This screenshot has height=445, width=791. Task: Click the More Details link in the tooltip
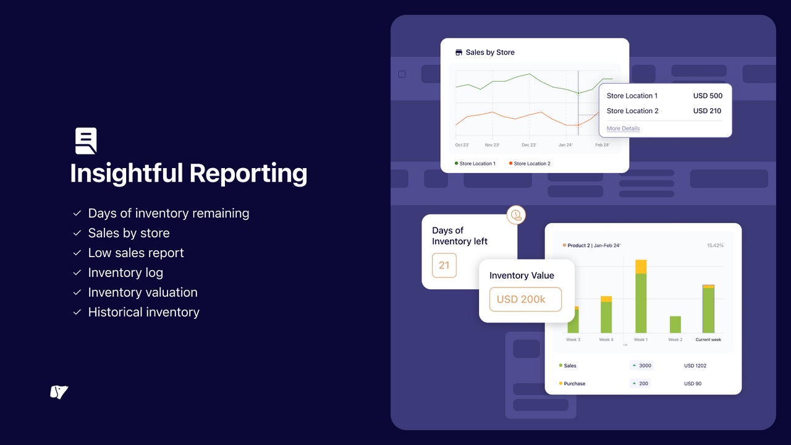[623, 129]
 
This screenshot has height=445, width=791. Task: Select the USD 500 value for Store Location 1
[708, 96]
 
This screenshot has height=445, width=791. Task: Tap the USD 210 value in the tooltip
[708, 111]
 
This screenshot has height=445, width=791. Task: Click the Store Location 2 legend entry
[530, 164]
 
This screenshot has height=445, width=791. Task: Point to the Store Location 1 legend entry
[475, 164]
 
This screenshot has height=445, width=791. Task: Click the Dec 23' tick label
[529, 145]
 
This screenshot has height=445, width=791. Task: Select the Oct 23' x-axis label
[462, 145]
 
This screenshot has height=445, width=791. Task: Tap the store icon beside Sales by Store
[459, 53]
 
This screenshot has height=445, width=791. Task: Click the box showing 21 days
[444, 265]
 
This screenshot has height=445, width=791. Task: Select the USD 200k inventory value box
[525, 299]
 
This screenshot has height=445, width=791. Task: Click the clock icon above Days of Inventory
[515, 215]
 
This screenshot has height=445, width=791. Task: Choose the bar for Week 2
[675, 324]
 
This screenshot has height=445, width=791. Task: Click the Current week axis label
[708, 340]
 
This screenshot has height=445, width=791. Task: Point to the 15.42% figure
[715, 245]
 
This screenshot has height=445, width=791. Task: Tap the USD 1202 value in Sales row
[695, 366]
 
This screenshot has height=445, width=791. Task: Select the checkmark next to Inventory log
[77, 273]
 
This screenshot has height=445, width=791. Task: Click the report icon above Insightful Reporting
[86, 141]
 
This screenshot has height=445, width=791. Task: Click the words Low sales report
[136, 253]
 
